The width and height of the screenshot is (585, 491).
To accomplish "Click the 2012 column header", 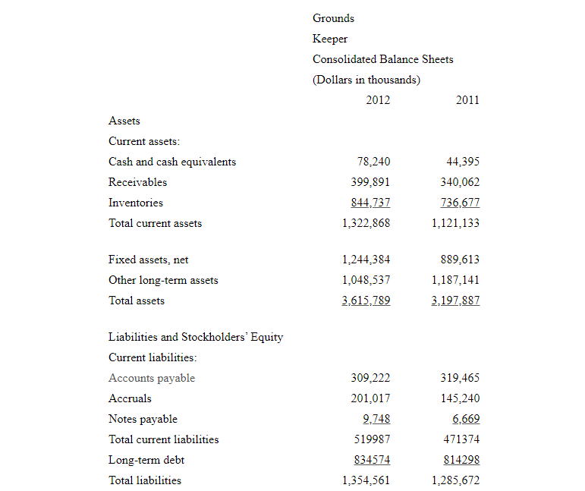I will pyautogui.click(x=378, y=99).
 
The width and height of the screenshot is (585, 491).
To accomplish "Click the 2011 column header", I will pyautogui.click(x=467, y=99).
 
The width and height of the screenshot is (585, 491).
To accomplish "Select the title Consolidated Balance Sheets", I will pyautogui.click(x=382, y=59).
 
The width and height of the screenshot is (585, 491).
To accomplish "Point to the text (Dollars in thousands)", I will pyautogui.click(x=366, y=80).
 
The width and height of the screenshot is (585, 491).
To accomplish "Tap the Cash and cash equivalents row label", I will pyautogui.click(x=172, y=162).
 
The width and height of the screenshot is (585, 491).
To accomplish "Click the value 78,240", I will pyautogui.click(x=373, y=162).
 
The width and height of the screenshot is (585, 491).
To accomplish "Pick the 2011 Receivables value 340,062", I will pyautogui.click(x=460, y=182).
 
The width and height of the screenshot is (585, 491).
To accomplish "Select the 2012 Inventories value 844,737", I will pyautogui.click(x=371, y=203).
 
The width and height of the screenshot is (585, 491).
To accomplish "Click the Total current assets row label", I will pyautogui.click(x=155, y=223).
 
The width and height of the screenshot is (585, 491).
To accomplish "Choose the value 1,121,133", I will pyautogui.click(x=455, y=223).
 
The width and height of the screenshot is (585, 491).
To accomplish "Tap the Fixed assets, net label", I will pyautogui.click(x=148, y=260).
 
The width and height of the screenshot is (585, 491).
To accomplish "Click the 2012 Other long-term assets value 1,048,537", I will pyautogui.click(x=366, y=280).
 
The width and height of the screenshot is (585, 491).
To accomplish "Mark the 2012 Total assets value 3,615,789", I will pyautogui.click(x=366, y=301).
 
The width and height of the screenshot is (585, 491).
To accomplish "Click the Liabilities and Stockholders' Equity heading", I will pyautogui.click(x=196, y=337).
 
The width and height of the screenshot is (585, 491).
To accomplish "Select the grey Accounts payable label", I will pyautogui.click(x=152, y=378).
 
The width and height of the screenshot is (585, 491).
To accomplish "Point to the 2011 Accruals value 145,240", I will pyautogui.click(x=460, y=398).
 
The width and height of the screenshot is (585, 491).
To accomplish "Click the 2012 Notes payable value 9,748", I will pyautogui.click(x=377, y=419).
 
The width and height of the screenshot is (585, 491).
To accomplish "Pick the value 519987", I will pyautogui.click(x=373, y=439).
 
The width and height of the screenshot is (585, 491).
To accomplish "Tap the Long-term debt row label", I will pyautogui.click(x=146, y=460).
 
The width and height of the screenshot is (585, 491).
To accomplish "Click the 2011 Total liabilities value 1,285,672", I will pyautogui.click(x=455, y=480).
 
